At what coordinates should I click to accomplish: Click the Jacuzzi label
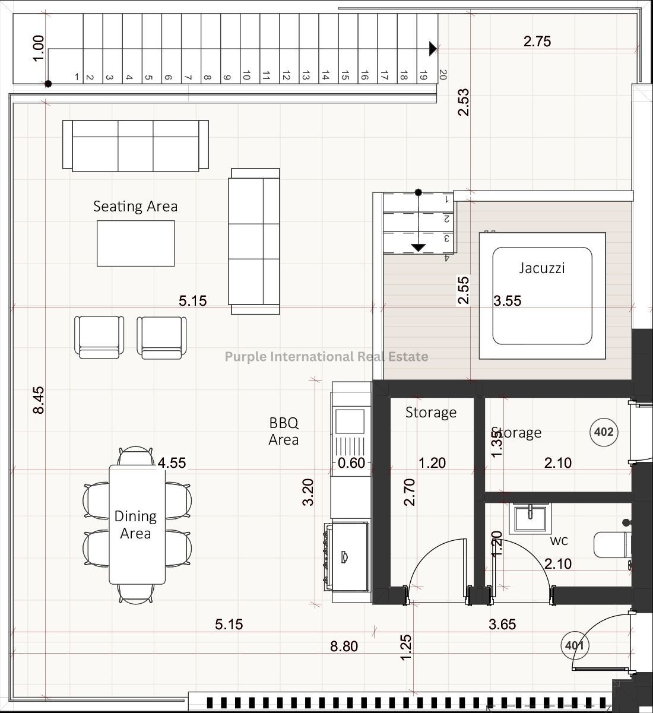coord(542,268)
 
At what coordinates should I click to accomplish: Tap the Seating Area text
coord(135,207)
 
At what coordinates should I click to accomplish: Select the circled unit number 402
coord(604,432)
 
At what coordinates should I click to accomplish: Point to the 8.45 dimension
coord(39,400)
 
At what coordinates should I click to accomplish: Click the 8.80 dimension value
coord(344,646)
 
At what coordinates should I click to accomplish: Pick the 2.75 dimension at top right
coord(537,42)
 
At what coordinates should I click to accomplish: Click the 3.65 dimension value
coord(502,624)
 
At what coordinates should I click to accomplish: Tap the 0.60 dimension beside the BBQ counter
coord(351,463)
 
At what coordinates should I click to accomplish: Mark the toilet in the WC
coord(613,544)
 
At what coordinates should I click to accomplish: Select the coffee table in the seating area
coord(136,243)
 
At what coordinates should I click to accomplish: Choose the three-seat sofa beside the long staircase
coord(135,146)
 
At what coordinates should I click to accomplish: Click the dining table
coord(137,525)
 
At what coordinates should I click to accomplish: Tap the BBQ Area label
coord(284,431)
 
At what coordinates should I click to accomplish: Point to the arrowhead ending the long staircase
coord(433,49)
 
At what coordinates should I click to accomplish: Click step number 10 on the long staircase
coord(246,75)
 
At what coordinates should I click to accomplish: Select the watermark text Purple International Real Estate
coord(326,356)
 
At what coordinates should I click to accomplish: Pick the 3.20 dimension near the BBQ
coord(308,492)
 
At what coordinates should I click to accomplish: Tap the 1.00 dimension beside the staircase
coord(39,48)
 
